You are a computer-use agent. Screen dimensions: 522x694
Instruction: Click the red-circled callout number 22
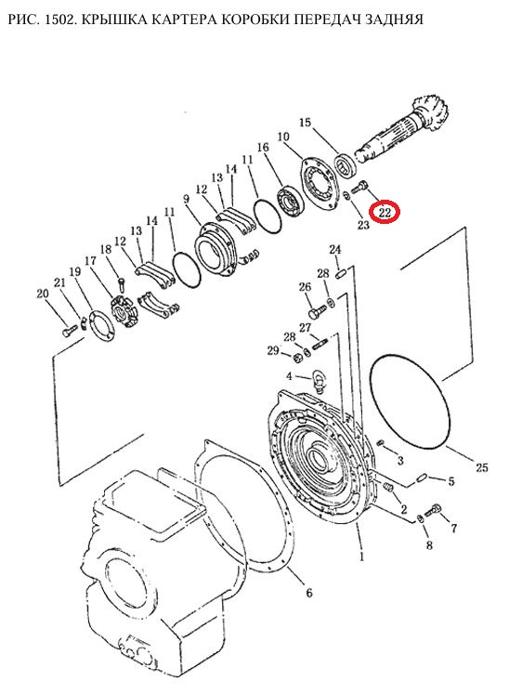pyautogui.click(x=385, y=213)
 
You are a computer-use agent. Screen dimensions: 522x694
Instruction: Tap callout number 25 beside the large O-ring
pyautogui.click(x=481, y=467)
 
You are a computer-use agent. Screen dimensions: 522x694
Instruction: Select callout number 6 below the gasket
pyautogui.click(x=308, y=592)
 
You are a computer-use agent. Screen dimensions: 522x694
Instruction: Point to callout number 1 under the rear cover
pyautogui.click(x=362, y=557)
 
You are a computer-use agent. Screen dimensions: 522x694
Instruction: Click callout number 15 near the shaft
pyautogui.click(x=306, y=122)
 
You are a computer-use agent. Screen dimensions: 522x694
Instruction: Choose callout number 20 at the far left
pyautogui.click(x=42, y=294)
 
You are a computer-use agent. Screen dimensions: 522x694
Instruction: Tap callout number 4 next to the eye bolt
pyautogui.click(x=289, y=376)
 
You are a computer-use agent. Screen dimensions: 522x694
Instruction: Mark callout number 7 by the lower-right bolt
pyautogui.click(x=453, y=528)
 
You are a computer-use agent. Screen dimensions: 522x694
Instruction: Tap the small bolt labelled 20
pyautogui.click(x=67, y=331)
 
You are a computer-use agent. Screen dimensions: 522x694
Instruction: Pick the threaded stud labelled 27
pyautogui.click(x=320, y=343)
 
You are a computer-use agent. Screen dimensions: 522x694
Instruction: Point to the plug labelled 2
pyautogui.click(x=388, y=488)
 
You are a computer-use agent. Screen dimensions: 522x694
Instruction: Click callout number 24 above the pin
pyautogui.click(x=335, y=250)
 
